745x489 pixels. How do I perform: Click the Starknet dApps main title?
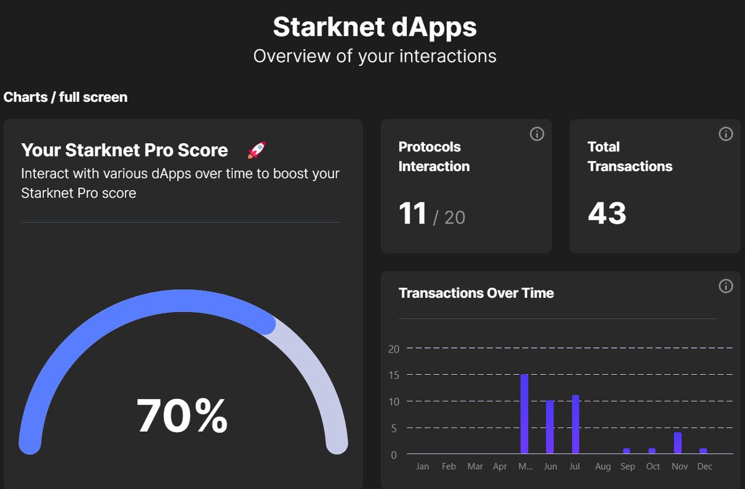pos(375,27)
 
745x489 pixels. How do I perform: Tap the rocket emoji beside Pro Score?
pos(256,150)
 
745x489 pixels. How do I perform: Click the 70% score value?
pos(182,416)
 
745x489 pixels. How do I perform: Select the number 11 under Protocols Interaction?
pos(413,214)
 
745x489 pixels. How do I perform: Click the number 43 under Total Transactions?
pos(607,214)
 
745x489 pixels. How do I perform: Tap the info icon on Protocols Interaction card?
pos(537,134)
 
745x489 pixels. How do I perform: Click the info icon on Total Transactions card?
pos(726,134)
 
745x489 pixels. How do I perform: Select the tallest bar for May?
pos(525,414)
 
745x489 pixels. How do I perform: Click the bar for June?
pos(550,427)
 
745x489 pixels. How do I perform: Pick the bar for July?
pos(576,424)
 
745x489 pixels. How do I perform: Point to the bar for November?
pos(678,443)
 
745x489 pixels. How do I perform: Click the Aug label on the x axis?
pos(603,467)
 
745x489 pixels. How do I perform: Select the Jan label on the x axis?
pos(422,467)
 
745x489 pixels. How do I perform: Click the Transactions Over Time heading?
pos(476,293)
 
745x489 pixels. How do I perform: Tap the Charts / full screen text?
pos(65,97)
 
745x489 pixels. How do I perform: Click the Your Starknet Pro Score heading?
pos(124,150)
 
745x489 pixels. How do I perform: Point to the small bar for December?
pos(703,451)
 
